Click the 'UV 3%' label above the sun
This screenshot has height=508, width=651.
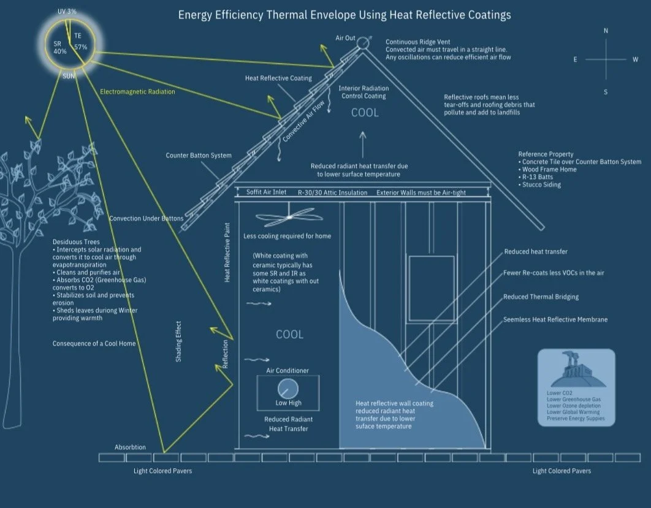[x=67, y=12]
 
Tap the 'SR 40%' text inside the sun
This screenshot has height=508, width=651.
[x=59, y=48]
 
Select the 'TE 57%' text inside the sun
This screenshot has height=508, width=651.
[x=80, y=42]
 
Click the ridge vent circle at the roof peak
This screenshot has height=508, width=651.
[x=363, y=42]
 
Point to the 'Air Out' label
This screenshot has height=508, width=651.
[x=345, y=38]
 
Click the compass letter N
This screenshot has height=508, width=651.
[x=606, y=31]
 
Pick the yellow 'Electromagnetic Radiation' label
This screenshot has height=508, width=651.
[x=137, y=92]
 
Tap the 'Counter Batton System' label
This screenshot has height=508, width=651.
[x=199, y=156]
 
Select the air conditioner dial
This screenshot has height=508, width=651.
[x=287, y=389]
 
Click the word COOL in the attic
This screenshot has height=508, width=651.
[x=365, y=113]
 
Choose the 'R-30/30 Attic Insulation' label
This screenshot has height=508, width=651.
[x=332, y=192]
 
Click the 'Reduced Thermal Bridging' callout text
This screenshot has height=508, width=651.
[x=541, y=297]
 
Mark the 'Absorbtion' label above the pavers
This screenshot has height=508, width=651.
[x=130, y=447]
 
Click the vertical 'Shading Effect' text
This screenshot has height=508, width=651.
[x=179, y=341]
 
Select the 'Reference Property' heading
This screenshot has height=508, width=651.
[x=546, y=154]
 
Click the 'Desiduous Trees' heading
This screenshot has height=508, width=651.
[x=76, y=242]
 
